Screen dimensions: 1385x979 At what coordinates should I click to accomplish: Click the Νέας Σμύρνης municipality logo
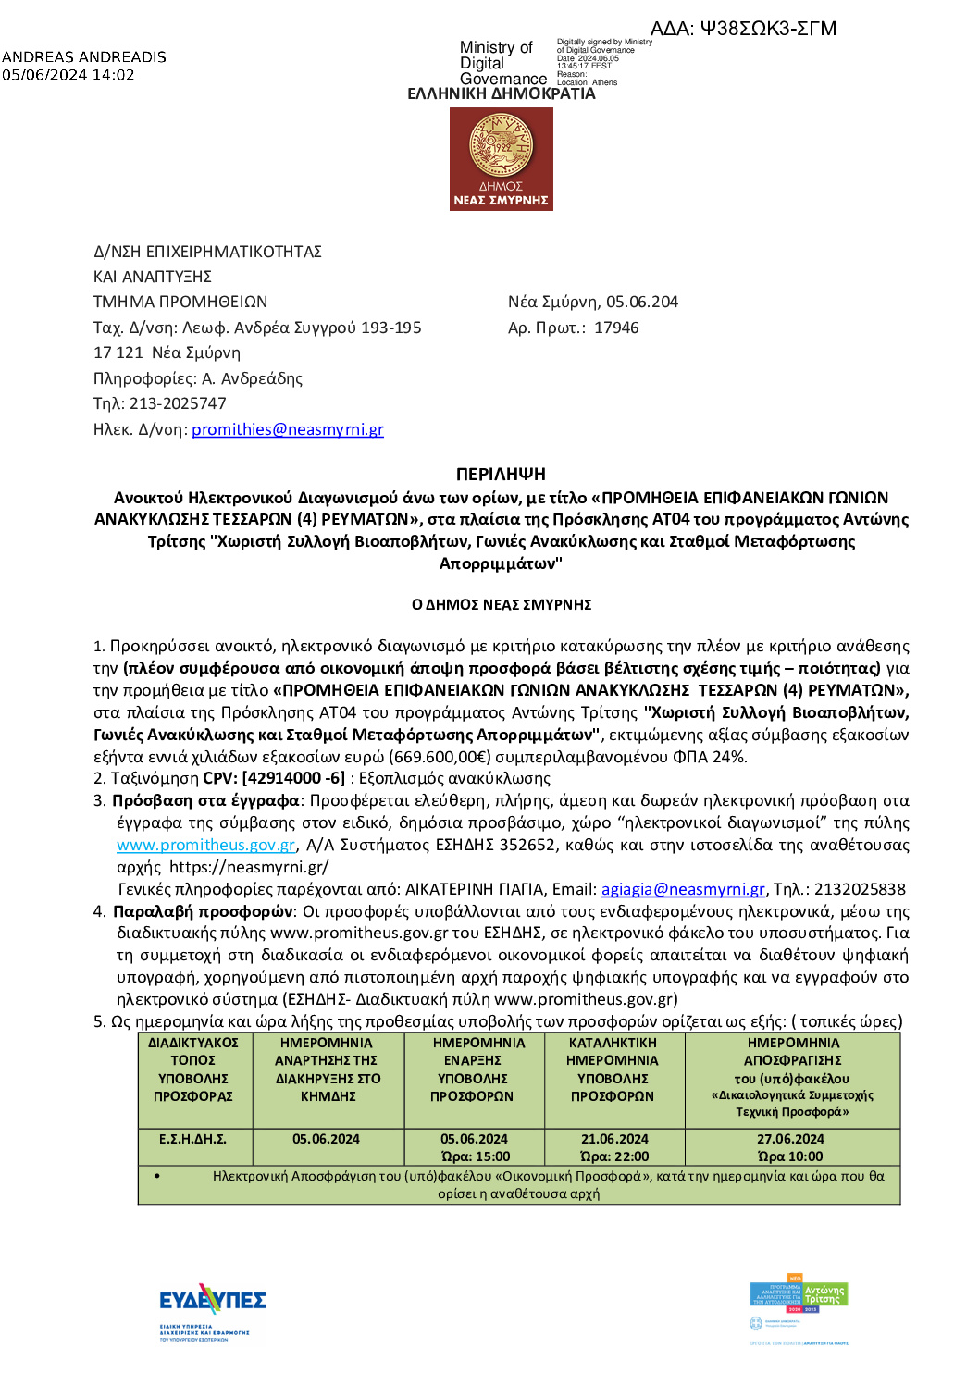[501, 159]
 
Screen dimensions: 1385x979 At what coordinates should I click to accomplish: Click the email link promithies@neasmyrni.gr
[287, 429]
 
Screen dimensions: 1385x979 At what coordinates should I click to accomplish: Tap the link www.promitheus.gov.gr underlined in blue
[205, 845]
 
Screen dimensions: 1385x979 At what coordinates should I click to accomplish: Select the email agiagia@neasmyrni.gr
[683, 889]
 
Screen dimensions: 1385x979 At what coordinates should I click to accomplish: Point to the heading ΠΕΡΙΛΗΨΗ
[501, 475]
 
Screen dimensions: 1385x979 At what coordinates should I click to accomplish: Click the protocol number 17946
[616, 328]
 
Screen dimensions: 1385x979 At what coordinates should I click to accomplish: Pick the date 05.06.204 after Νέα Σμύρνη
[642, 302]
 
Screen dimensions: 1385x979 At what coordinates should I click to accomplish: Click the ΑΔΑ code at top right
[743, 29]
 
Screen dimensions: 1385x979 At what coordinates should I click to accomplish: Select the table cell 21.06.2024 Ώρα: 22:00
[614, 1147]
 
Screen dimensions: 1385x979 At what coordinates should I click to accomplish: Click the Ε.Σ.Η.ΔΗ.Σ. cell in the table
[192, 1139]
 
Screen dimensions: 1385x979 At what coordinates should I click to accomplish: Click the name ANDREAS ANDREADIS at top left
[84, 57]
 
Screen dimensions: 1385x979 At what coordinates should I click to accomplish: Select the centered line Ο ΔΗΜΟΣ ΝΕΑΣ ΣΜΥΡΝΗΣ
[501, 605]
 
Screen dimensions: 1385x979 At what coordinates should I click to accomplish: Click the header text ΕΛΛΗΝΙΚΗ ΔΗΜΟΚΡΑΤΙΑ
[501, 94]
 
